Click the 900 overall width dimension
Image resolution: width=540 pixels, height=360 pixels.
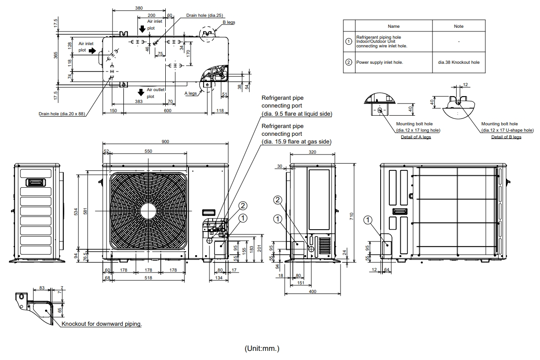(165, 142)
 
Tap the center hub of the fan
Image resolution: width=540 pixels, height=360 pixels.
(148, 211)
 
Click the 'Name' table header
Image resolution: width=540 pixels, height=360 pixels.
(393, 26)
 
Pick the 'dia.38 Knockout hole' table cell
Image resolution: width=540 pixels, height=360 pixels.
(458, 62)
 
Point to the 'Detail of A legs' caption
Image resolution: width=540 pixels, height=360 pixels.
(416, 137)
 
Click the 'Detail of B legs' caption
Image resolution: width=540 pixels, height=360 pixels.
(506, 137)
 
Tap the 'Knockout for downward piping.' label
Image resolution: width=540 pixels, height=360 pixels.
(102, 324)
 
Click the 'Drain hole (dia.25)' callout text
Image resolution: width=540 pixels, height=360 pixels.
(204, 15)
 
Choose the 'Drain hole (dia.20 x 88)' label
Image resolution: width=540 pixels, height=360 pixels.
(62, 113)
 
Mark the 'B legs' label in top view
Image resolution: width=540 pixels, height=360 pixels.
(229, 22)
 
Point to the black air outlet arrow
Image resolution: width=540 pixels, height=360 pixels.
(141, 93)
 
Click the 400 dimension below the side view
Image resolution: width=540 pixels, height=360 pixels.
(312, 291)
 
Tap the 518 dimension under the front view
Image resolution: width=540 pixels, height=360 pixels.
(144, 278)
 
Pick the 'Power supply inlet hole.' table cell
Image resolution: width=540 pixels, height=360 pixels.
(379, 62)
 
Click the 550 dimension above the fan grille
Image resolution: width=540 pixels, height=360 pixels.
(148, 151)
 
